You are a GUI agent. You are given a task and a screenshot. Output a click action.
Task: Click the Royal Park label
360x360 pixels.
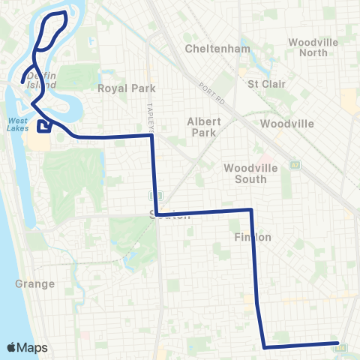point(120,88)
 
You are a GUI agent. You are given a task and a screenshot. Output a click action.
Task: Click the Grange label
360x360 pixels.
point(34,283)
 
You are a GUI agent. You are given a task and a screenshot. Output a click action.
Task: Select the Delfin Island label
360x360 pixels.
point(41,81)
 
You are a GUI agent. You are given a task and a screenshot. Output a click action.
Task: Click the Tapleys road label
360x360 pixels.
point(150,116)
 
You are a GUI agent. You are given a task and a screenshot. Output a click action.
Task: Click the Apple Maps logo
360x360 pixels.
point(26,347)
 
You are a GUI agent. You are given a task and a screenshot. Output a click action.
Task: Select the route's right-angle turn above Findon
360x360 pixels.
point(250,211)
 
